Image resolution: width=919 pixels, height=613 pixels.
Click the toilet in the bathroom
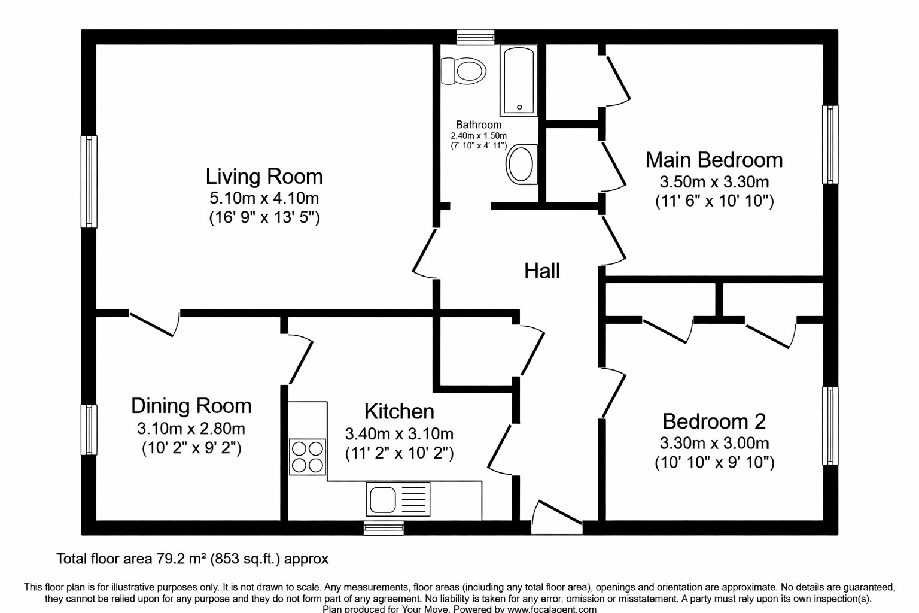tap(464, 71)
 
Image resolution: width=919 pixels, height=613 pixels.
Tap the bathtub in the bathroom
tap(519, 80)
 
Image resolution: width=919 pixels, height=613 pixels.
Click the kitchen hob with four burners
tap(308, 457)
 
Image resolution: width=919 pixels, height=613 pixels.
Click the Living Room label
tap(264, 177)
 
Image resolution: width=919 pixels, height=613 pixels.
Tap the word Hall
tap(541, 271)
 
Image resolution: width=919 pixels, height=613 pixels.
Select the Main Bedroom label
tap(714, 160)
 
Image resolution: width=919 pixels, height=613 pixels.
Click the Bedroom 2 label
tap(714, 421)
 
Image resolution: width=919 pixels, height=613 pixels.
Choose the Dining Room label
tap(191, 406)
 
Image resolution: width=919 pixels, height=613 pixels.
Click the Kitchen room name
tap(399, 411)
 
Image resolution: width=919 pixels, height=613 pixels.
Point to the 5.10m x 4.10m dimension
tap(264, 198)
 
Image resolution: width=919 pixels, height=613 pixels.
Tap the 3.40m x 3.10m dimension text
tap(399, 433)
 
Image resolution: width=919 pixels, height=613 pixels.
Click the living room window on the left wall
tap(89, 181)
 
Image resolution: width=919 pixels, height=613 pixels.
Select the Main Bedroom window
tap(830, 144)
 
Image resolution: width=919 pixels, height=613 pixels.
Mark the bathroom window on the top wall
tap(475, 37)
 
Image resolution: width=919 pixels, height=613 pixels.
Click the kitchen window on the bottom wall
tap(384, 527)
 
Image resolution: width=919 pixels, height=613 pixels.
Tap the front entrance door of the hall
tap(556, 518)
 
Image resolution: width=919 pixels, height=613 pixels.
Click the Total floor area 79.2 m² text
tap(192, 559)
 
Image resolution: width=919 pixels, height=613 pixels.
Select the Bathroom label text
tap(478, 125)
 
